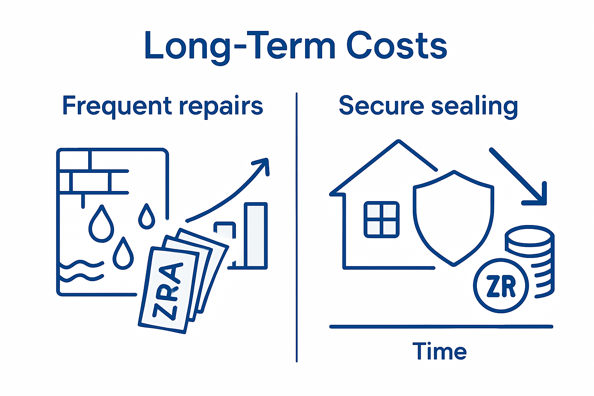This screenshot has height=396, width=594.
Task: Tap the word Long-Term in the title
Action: coord(239,46)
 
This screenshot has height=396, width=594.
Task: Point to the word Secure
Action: coord(381,106)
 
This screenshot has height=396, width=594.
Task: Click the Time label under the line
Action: coord(439,351)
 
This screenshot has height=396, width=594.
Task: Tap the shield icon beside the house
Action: coord(454,217)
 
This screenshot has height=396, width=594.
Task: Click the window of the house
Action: coord(381,219)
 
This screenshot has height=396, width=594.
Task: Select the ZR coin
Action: coord(501,285)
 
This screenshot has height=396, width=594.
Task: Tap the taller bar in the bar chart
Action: coord(256,235)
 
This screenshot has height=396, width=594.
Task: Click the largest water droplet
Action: coord(101,225)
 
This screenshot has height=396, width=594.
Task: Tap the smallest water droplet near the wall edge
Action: coord(147,217)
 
